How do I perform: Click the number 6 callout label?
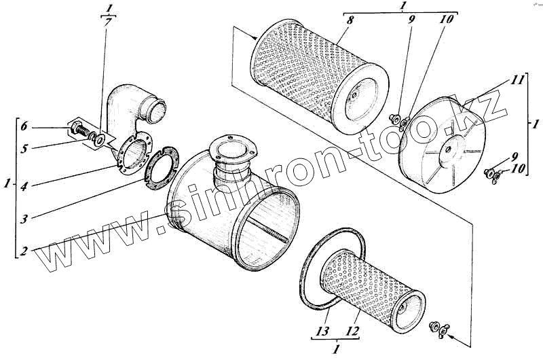point(24,126)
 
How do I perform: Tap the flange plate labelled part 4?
point(129,154)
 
